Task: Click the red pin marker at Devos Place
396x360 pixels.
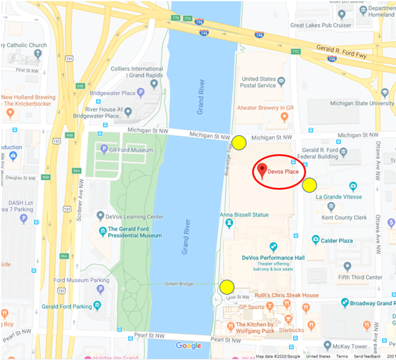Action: click(261, 170)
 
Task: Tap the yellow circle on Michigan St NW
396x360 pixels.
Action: click(239, 142)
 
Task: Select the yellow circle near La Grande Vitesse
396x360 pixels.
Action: click(309, 185)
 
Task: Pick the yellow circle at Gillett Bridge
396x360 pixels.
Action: click(227, 287)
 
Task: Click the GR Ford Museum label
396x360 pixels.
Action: click(131, 150)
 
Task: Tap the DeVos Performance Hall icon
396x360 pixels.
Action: click(274, 247)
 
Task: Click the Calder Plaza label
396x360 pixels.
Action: click(336, 240)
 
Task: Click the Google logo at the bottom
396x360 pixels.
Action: click(188, 346)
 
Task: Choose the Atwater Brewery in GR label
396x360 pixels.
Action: click(265, 108)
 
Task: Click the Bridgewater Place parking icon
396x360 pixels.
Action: click(141, 93)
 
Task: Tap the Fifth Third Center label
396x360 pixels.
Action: click(360, 277)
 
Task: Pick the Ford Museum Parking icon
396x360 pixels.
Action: click(100, 289)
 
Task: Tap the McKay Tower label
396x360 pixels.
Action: click(353, 346)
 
